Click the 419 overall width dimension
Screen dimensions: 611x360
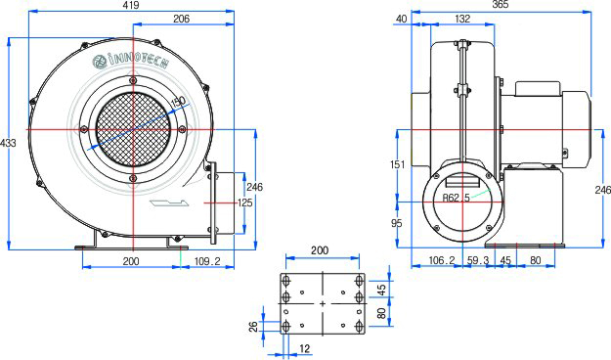click(x=131, y=5)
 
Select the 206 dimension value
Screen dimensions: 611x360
click(x=181, y=19)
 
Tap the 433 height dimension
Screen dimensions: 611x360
click(x=8, y=143)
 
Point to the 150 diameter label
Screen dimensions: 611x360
click(x=179, y=102)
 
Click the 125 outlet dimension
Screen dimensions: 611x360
click(x=244, y=202)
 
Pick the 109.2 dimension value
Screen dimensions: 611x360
click(x=207, y=261)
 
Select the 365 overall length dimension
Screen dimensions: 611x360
click(x=501, y=5)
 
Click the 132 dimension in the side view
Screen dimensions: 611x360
click(x=462, y=19)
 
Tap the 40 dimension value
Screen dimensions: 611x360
click(x=401, y=19)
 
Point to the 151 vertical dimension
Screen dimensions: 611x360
click(x=398, y=164)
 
